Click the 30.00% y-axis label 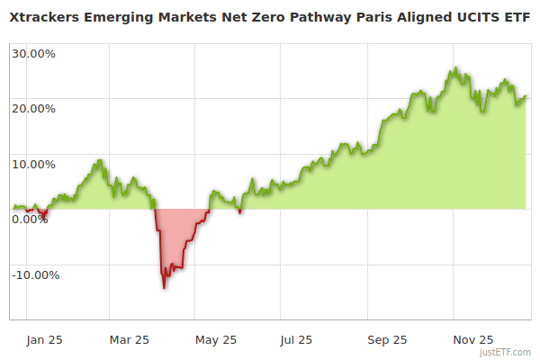[x=33, y=52]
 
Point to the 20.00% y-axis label [x=33, y=108]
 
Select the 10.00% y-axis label [x=33, y=164]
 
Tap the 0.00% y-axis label [x=30, y=219]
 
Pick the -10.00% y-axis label [x=35, y=274]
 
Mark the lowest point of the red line [x=164, y=288]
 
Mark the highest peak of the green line [x=456, y=67]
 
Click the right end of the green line [x=526, y=96]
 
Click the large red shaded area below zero [x=176, y=238]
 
